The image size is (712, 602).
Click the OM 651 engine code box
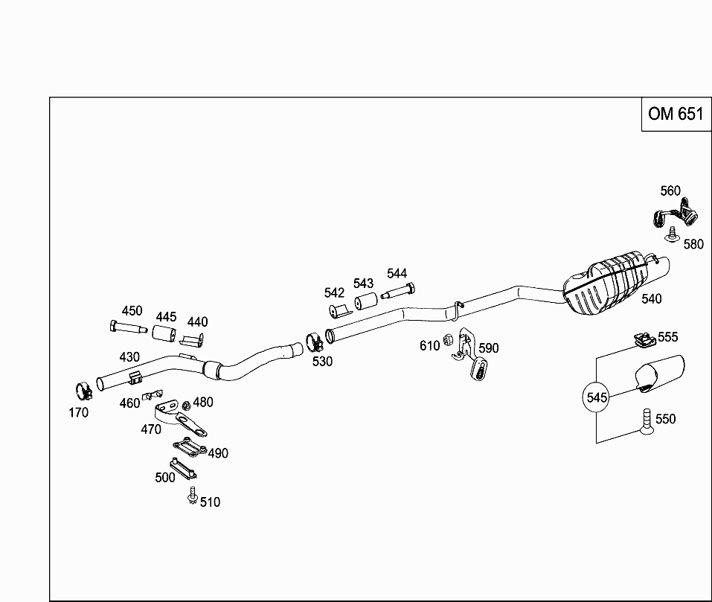tap(675, 114)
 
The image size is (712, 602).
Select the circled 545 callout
tap(597, 397)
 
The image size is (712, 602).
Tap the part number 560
tap(670, 191)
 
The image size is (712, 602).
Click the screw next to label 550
tap(646, 421)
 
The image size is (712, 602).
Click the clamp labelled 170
tap(83, 389)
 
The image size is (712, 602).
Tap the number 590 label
tap(489, 348)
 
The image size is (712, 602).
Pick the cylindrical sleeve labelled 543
tap(365, 303)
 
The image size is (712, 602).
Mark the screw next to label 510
tap(192, 495)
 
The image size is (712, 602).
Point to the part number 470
tap(151, 429)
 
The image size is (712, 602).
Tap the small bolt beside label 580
tap(673, 235)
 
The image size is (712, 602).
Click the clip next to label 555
tap(642, 340)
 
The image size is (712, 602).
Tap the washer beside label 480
tap(187, 404)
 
